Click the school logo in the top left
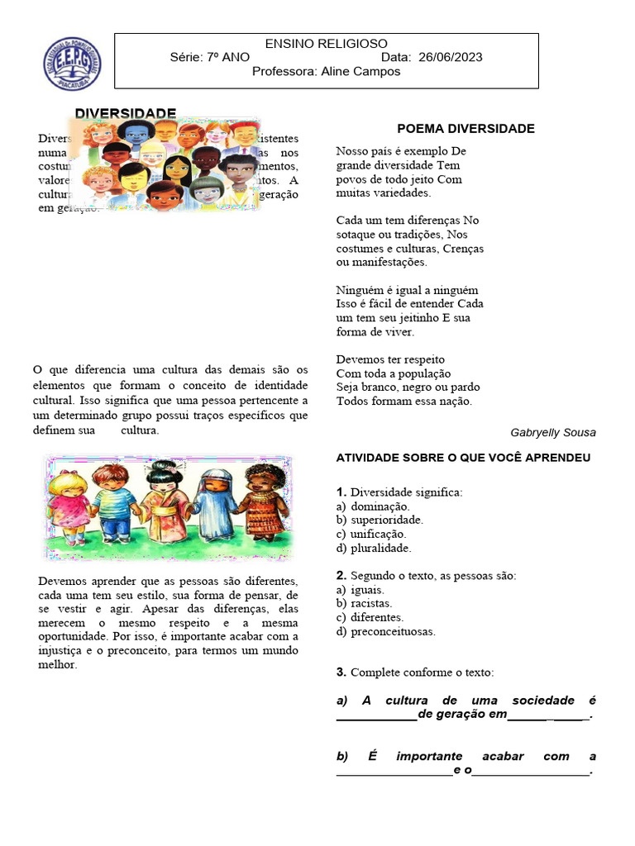pyautogui.click(x=72, y=64)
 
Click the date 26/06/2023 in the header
pyautogui.click(x=451, y=57)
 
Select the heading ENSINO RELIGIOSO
pyautogui.click(x=326, y=43)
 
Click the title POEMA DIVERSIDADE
pyautogui.click(x=466, y=128)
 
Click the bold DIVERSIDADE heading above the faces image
pyautogui.click(x=126, y=112)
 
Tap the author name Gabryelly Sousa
pyautogui.click(x=552, y=432)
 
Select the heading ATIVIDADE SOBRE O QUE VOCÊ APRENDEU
pyautogui.click(x=463, y=458)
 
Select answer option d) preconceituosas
pyautogui.click(x=385, y=631)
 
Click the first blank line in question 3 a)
pyautogui.click(x=376, y=716)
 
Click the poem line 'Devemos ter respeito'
pyautogui.click(x=390, y=359)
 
